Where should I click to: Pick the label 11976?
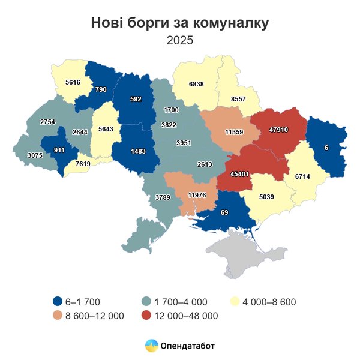tap(197, 195)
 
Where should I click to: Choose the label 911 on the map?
tap(59, 149)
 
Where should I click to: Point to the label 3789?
tap(163, 197)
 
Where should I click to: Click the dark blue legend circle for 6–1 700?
tap(58, 302)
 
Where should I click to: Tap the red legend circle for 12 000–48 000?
tap(146, 316)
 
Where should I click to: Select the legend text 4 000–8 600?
tap(269, 302)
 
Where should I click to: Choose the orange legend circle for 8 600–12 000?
tap(58, 316)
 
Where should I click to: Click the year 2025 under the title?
tap(180, 41)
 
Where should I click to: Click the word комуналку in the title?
tap(230, 23)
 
